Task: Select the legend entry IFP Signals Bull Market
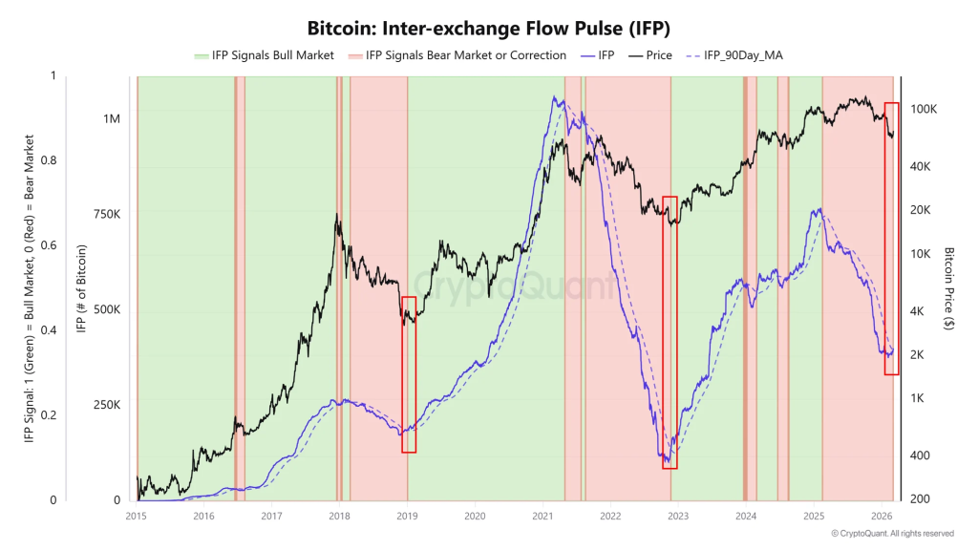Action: point(264,55)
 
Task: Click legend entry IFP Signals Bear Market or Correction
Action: point(457,55)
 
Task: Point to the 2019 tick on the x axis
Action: point(408,516)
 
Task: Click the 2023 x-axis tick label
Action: point(678,516)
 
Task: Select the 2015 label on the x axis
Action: point(137,516)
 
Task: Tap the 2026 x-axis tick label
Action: point(882,516)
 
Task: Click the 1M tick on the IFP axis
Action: point(112,119)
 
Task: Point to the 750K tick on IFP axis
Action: point(106,215)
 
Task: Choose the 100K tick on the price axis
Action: point(923,110)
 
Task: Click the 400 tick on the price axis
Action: point(920,455)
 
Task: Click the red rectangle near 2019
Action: point(409,374)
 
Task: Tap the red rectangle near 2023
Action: point(670,332)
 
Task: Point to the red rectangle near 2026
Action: point(891,239)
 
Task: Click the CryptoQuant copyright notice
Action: point(892,534)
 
